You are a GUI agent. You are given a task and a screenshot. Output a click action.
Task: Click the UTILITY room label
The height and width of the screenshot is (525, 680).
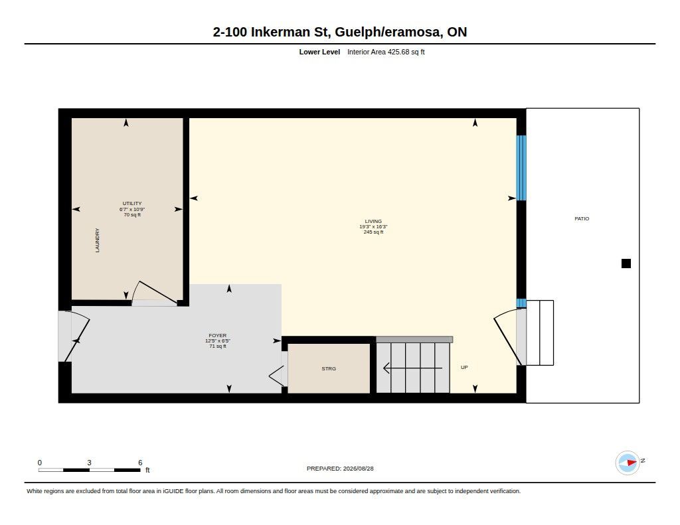(132, 203)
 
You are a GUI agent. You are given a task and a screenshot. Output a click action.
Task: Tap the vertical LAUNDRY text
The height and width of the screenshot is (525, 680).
(97, 240)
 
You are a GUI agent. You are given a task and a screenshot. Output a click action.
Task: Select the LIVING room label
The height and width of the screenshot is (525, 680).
(373, 221)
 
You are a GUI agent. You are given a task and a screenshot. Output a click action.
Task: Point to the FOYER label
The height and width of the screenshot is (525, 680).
(218, 336)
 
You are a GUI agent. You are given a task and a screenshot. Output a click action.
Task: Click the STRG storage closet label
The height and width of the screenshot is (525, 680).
(329, 368)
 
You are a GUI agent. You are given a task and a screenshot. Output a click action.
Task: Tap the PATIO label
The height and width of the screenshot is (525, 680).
(582, 218)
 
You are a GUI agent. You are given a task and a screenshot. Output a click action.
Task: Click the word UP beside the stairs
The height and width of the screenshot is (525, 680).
(464, 367)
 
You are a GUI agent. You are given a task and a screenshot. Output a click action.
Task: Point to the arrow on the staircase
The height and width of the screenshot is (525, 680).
(413, 368)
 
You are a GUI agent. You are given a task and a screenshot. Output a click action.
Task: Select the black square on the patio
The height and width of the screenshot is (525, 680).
(626, 263)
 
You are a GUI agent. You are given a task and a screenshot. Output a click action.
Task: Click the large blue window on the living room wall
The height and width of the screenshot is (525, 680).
(521, 168)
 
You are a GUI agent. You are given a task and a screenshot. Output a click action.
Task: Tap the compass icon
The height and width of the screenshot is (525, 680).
(628, 463)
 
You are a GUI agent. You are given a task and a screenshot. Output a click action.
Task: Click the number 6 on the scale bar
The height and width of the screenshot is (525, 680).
(140, 463)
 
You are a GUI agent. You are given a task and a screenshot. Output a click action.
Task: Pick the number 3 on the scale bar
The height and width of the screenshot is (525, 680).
(90, 463)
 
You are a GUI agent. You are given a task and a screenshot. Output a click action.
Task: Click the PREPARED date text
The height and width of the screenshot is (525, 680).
(340, 468)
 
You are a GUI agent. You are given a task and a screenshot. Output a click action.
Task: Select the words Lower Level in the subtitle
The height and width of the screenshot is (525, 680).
(319, 52)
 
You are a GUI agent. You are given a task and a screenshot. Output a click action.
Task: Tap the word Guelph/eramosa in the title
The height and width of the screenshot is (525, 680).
(388, 32)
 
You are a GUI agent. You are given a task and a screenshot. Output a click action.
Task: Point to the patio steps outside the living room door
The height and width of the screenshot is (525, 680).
(540, 333)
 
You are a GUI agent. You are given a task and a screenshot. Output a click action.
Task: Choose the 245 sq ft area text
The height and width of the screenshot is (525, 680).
(373, 232)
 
